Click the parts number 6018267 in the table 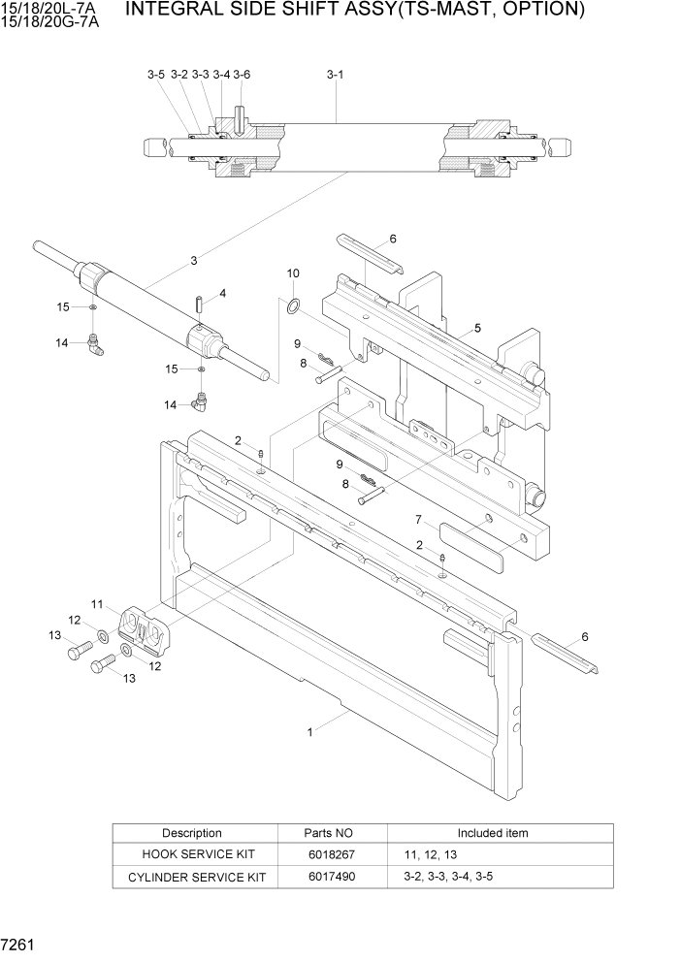point(332,854)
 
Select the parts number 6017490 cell point(332,877)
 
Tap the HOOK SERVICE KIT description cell point(192,854)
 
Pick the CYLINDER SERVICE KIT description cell point(192,877)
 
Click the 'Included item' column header point(493,833)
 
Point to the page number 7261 point(20,945)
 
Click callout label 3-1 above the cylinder point(336,74)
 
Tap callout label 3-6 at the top point(242,74)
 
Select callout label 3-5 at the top point(156,74)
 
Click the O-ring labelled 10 point(292,307)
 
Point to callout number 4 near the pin point(222,292)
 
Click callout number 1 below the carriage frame point(310,732)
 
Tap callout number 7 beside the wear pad point(418,520)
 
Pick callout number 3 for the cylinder point(194,260)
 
